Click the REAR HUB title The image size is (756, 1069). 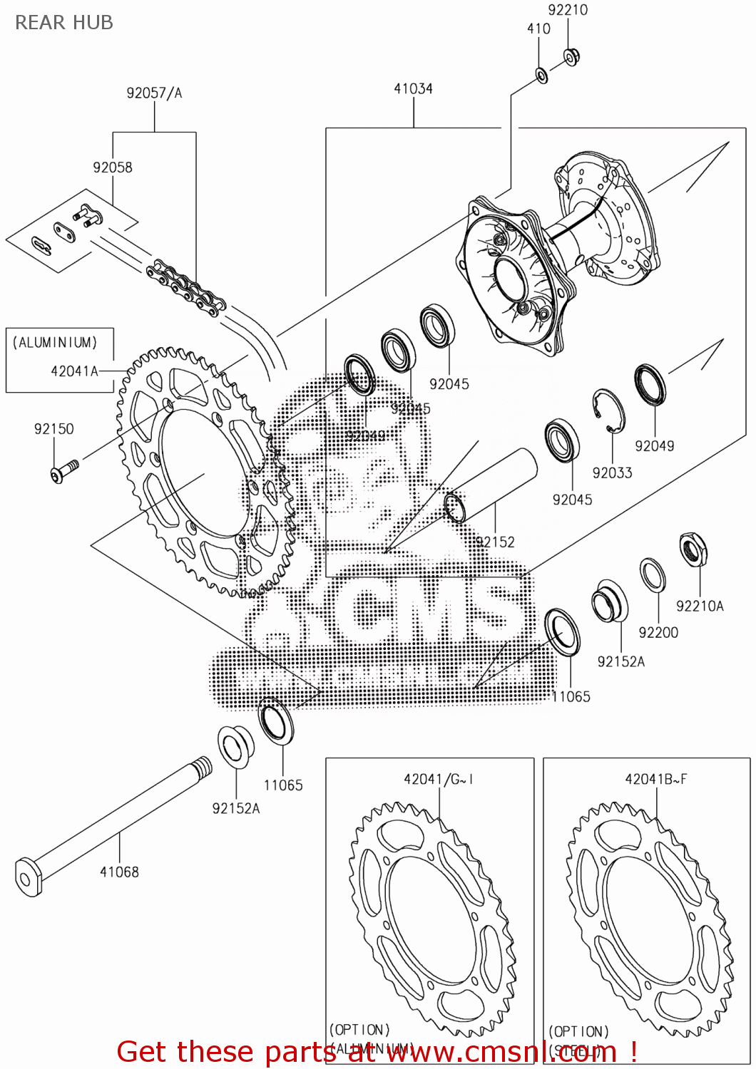(x=64, y=23)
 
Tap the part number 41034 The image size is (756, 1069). (x=413, y=88)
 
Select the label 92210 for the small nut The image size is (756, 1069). (x=568, y=10)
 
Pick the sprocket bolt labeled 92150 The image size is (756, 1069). (x=62, y=471)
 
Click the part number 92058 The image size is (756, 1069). (x=113, y=167)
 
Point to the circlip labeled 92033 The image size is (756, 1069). (x=608, y=410)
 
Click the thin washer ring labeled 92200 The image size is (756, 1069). (x=652, y=575)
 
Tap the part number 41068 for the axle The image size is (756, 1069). (x=119, y=872)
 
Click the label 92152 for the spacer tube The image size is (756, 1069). (x=495, y=542)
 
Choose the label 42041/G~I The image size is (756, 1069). (x=439, y=779)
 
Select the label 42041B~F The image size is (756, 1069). (x=656, y=779)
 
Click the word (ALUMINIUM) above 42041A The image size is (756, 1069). (x=55, y=343)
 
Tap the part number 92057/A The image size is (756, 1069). (x=154, y=93)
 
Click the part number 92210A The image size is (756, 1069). (x=700, y=606)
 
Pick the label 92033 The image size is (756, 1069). (x=612, y=472)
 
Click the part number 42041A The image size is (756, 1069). (x=74, y=371)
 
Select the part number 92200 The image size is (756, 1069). (x=658, y=632)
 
